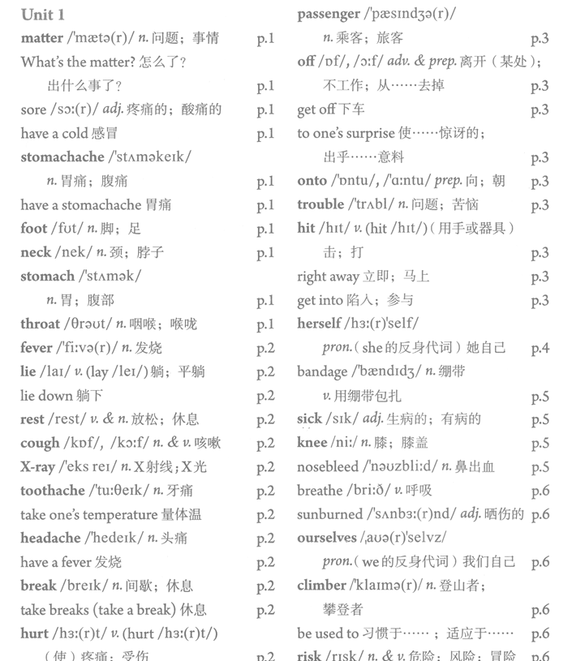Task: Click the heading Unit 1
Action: [x=43, y=15]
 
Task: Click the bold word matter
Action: [x=41, y=38]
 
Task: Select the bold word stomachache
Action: [x=62, y=157]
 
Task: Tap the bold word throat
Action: [x=41, y=324]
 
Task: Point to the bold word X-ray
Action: [x=37, y=467]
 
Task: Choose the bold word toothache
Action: [x=53, y=491]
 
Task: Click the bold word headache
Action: [x=50, y=538]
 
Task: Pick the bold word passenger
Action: [x=328, y=14]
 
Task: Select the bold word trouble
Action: [x=320, y=204]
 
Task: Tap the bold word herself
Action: [x=319, y=324]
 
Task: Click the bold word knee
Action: [x=312, y=443]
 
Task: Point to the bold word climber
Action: [x=321, y=586]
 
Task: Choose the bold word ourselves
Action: [x=328, y=538]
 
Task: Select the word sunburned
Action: [x=329, y=514]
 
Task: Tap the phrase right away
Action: [x=328, y=277]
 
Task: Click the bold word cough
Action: [x=40, y=443]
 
